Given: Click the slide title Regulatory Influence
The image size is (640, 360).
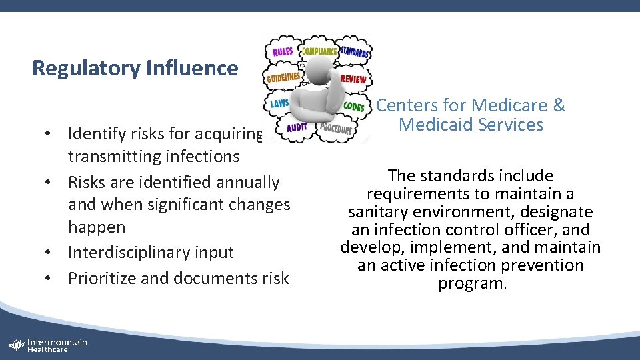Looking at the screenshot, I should pyautogui.click(x=135, y=68).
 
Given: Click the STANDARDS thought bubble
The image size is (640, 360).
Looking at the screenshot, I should pyautogui.click(x=356, y=51).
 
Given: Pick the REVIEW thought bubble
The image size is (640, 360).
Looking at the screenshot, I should pyautogui.click(x=353, y=79).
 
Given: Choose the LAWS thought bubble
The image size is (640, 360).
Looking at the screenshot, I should pyautogui.click(x=279, y=104).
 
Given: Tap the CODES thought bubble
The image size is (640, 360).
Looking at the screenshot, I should pyautogui.click(x=353, y=107).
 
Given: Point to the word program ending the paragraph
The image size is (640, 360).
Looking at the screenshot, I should pyautogui.click(x=471, y=283).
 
